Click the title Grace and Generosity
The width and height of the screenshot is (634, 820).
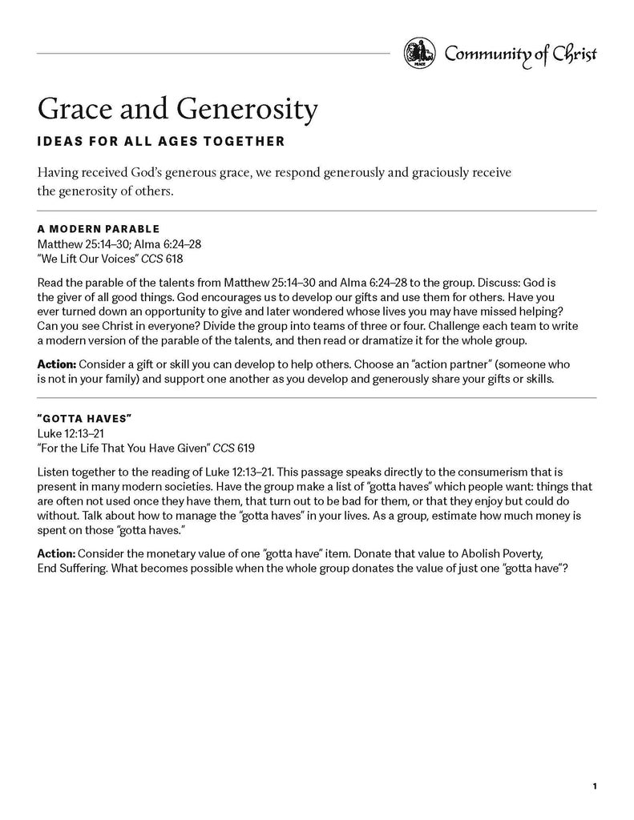(178, 109)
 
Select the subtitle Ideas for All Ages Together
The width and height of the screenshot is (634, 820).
(161, 143)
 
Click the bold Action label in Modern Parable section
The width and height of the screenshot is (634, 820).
(56, 364)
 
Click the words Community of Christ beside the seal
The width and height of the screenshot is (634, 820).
(520, 54)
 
